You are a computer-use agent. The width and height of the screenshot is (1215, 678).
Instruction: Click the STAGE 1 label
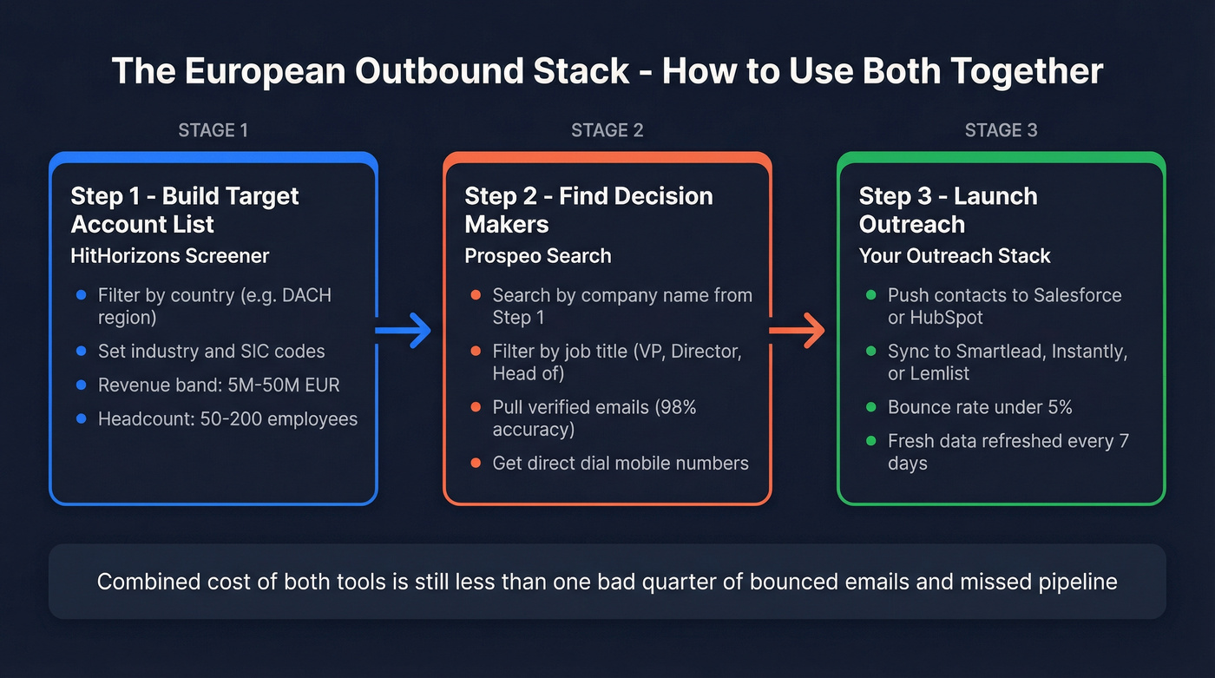click(213, 130)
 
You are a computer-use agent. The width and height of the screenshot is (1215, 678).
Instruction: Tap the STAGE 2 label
click(607, 130)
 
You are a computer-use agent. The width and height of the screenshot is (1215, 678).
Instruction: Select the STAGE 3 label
click(1001, 130)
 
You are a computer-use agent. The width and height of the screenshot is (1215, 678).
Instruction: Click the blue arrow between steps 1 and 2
click(404, 331)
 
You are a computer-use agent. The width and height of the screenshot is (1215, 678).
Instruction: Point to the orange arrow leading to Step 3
click(797, 331)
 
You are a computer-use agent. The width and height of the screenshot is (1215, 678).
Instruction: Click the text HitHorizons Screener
click(170, 256)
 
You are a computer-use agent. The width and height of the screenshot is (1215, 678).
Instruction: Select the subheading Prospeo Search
click(538, 256)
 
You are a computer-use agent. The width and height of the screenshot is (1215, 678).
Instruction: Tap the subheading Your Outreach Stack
click(955, 256)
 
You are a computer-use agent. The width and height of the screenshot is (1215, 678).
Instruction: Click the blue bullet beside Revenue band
click(82, 385)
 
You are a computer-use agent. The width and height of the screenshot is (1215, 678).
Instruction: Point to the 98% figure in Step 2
click(676, 407)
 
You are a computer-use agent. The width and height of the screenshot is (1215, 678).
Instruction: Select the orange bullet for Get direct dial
click(476, 464)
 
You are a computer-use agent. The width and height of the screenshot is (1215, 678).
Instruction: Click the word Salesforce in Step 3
click(1078, 295)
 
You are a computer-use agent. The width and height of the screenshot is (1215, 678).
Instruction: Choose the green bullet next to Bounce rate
click(871, 408)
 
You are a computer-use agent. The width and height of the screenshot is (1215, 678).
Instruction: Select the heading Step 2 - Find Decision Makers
click(588, 210)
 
